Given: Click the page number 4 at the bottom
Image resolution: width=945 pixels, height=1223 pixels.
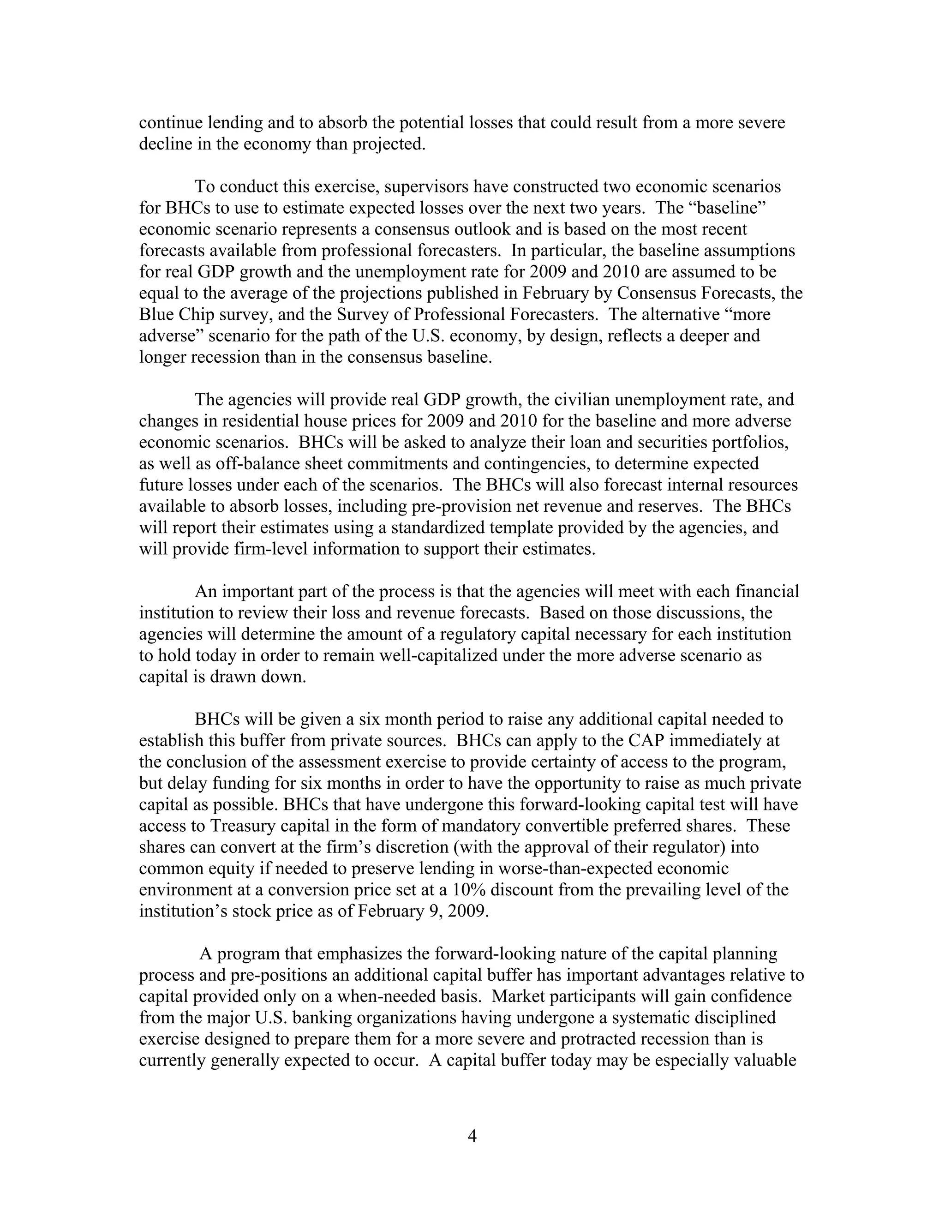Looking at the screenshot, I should (x=472, y=1136).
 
